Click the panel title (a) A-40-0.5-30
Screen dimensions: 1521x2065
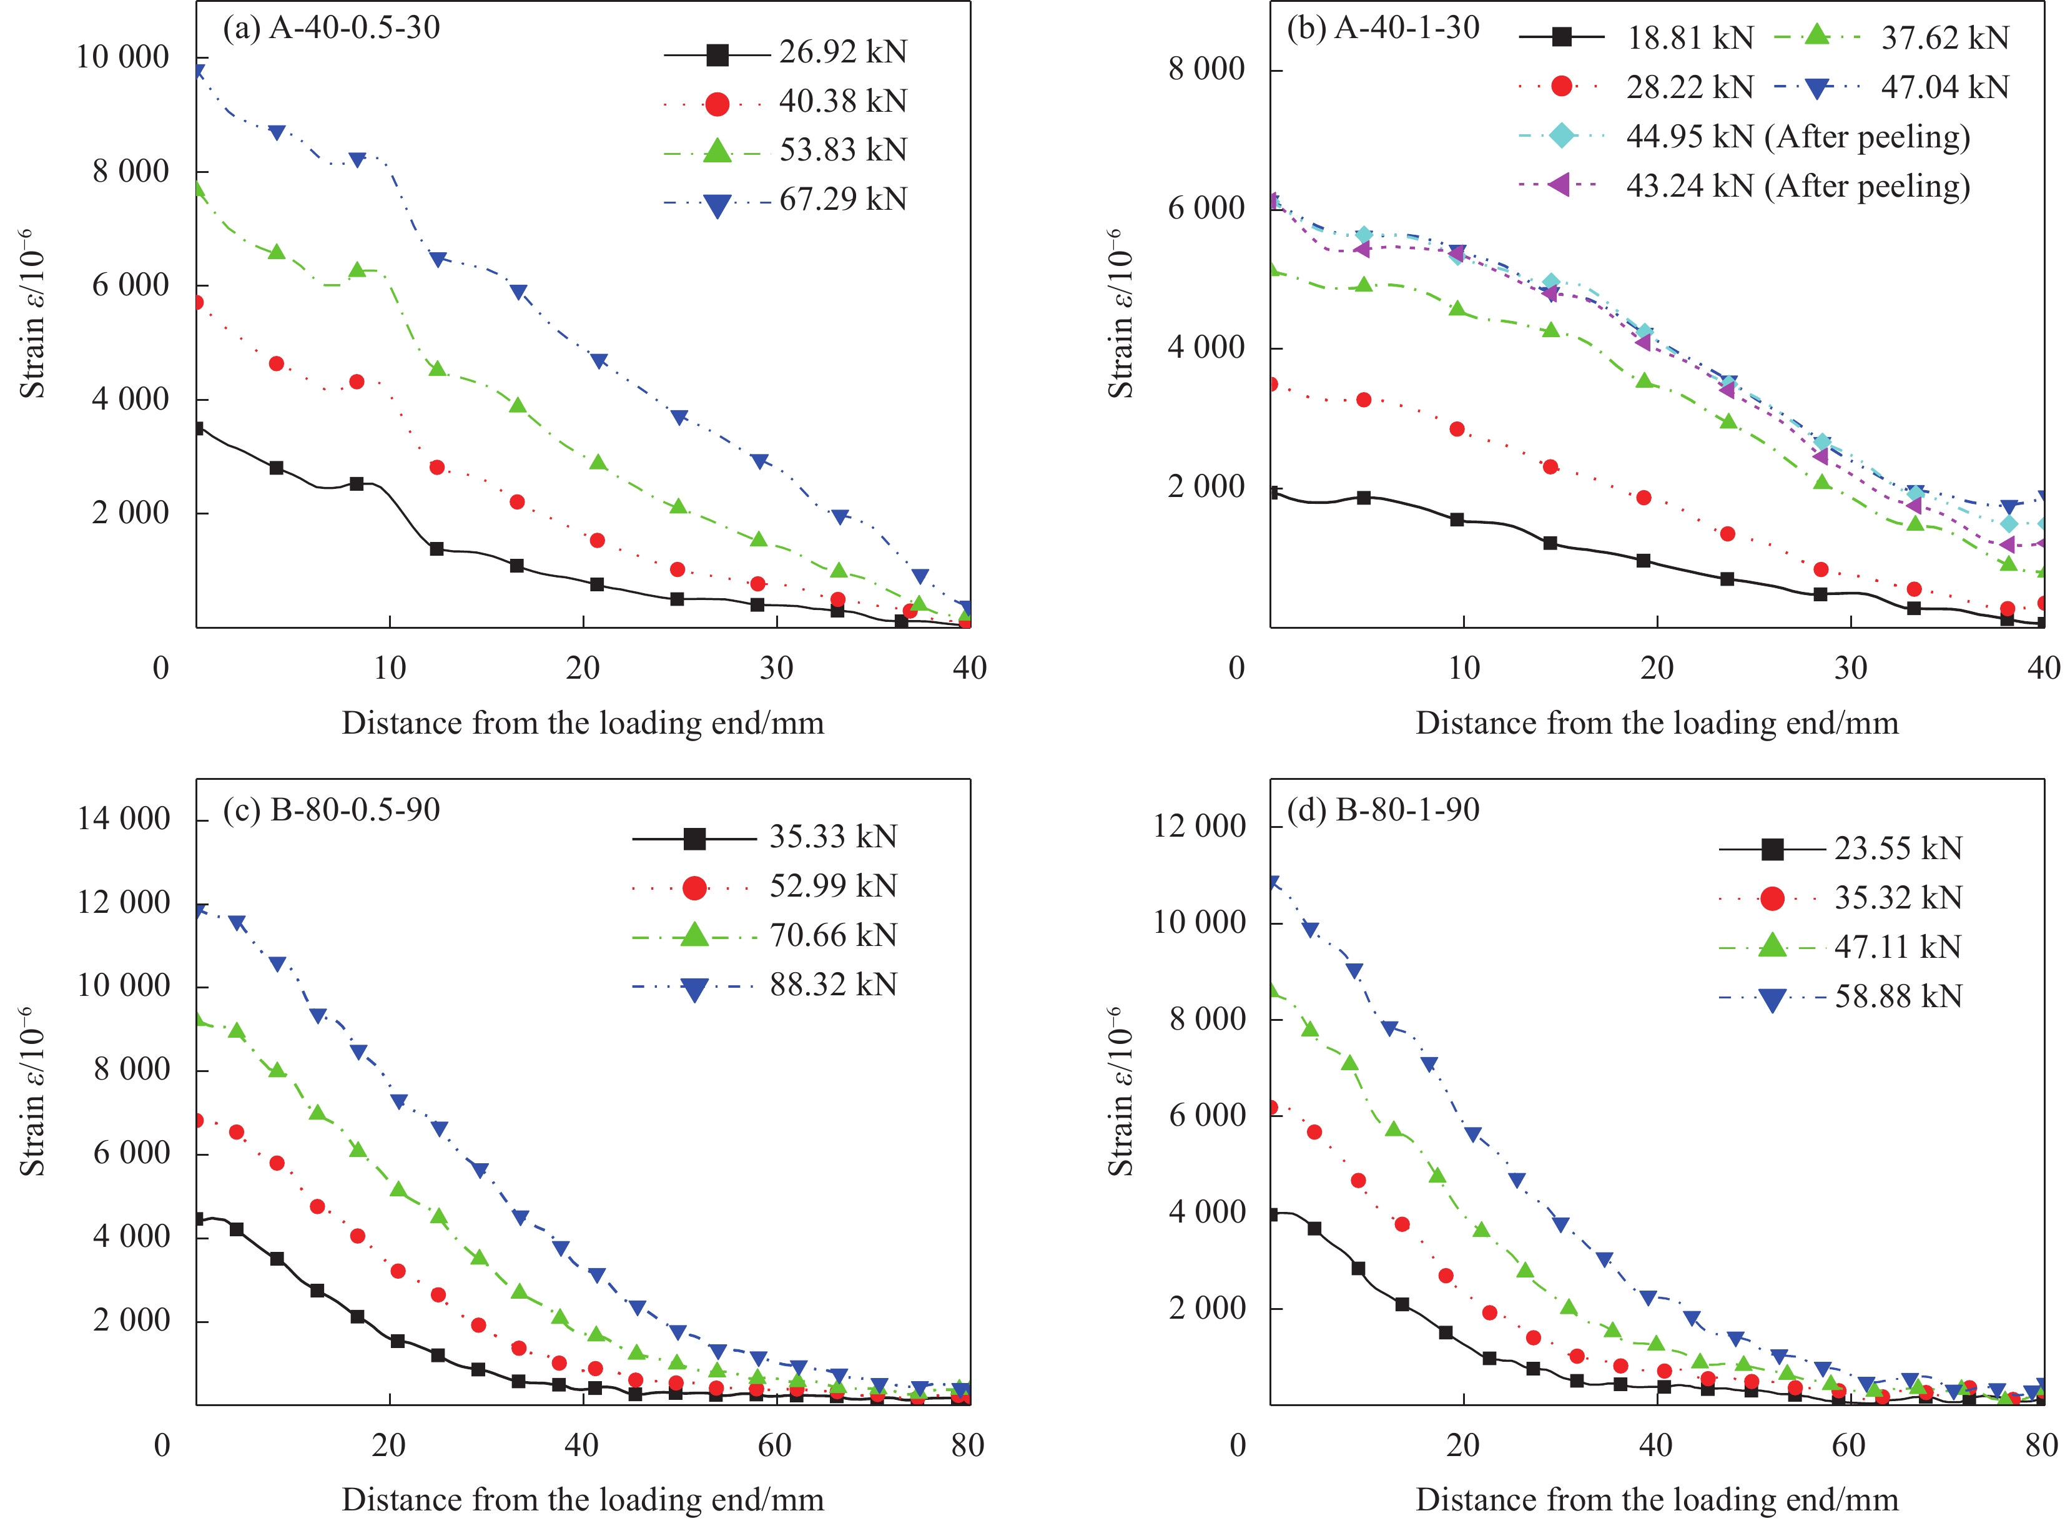click(332, 27)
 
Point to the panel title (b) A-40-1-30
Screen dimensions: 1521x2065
click(1382, 27)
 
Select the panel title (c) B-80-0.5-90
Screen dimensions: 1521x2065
click(332, 810)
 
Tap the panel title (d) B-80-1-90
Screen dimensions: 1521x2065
click(1382, 810)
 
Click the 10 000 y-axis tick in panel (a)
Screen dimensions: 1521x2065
click(122, 57)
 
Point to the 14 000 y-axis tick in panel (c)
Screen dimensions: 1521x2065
click(124, 819)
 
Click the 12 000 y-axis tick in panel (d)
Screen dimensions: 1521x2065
click(1199, 827)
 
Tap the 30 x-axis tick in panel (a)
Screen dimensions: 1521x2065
click(776, 669)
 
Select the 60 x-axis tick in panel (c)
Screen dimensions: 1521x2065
click(775, 1445)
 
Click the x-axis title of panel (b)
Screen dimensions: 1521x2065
click(1656, 724)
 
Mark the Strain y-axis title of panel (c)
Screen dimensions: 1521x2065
click(32, 1091)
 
